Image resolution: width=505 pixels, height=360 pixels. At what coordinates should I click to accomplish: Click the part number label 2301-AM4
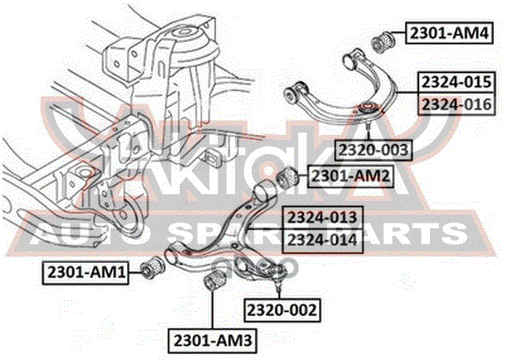(x=449, y=33)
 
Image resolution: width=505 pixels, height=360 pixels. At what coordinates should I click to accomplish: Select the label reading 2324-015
(x=457, y=82)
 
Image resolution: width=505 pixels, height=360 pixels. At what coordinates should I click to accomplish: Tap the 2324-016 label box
(x=457, y=103)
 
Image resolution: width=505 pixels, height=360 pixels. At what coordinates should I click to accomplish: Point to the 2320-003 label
(x=373, y=150)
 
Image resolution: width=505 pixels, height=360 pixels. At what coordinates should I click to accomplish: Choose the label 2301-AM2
(x=350, y=177)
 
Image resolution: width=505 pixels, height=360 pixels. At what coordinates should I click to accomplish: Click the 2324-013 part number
(x=323, y=218)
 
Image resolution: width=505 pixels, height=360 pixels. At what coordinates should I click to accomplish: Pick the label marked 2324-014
(x=323, y=241)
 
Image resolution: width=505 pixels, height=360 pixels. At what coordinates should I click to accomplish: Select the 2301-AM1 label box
(x=85, y=273)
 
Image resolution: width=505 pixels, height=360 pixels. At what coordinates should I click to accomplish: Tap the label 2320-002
(x=282, y=310)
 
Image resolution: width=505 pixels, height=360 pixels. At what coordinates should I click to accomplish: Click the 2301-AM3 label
(x=212, y=340)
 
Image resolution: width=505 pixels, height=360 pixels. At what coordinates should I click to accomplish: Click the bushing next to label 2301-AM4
(x=383, y=41)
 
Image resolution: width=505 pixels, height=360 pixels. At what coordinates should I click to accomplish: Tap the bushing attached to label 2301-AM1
(x=154, y=267)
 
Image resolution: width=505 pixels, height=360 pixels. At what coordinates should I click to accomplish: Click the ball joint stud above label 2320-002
(x=279, y=283)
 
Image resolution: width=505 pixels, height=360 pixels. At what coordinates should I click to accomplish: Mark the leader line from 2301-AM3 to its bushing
(x=212, y=309)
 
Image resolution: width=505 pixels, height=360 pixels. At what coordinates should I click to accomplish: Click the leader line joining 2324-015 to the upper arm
(x=407, y=93)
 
